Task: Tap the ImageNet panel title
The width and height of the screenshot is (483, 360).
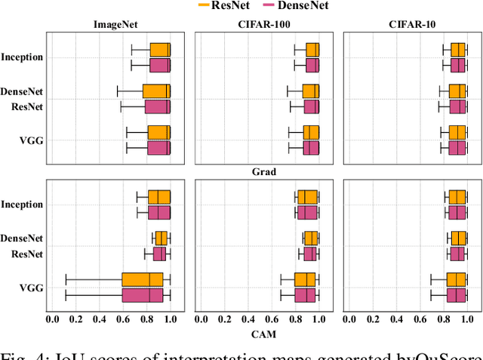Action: [x=115, y=23]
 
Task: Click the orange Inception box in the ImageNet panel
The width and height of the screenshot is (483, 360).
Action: [x=160, y=50]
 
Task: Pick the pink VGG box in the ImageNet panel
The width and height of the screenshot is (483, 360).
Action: [x=158, y=147]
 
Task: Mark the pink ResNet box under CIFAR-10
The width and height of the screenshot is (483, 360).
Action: [x=458, y=106]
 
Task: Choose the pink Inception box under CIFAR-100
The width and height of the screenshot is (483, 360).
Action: [x=312, y=65]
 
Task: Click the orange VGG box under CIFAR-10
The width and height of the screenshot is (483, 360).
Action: [x=458, y=132]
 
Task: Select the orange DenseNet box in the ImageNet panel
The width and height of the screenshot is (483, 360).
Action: [x=156, y=91]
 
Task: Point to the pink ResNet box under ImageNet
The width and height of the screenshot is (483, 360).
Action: [x=158, y=106]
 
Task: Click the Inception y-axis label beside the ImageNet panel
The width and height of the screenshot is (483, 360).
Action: [x=22, y=57]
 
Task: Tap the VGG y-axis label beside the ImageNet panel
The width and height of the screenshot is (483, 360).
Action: [x=32, y=140]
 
